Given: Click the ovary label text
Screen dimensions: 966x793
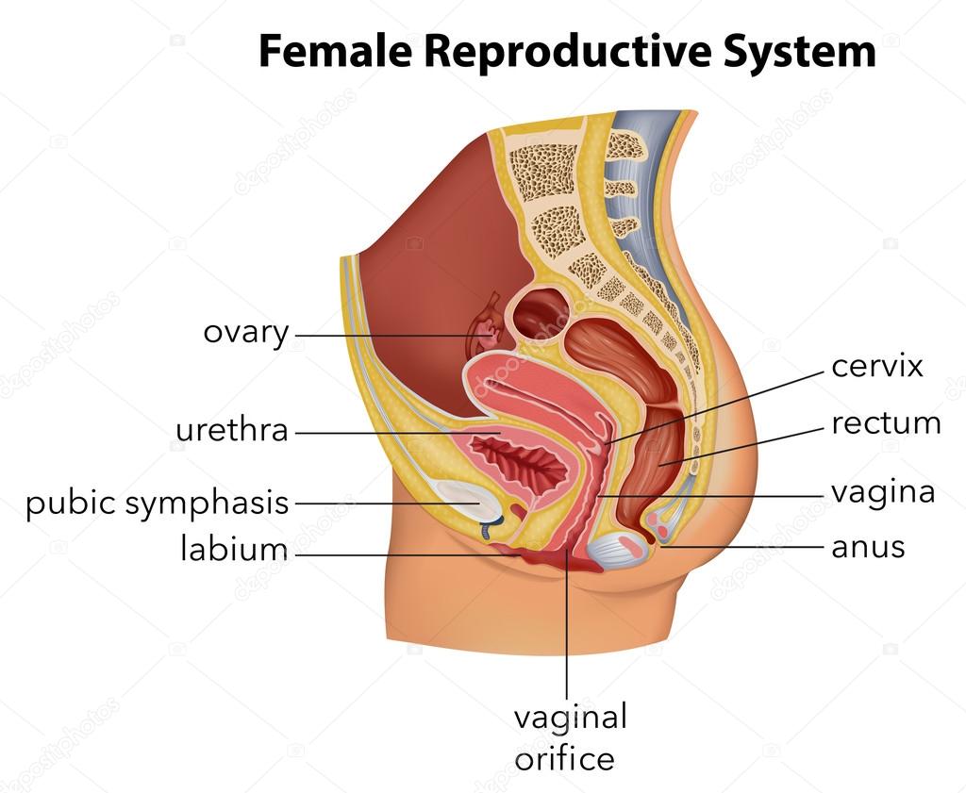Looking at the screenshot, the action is click(246, 334).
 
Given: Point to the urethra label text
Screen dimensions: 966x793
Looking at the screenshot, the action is click(232, 430).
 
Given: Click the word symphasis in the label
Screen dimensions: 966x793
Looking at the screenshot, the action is click(207, 503).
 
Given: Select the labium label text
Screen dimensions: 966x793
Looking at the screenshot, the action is click(234, 548).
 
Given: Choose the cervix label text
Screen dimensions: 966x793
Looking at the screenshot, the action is click(876, 367).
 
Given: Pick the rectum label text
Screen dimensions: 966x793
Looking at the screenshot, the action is click(886, 423).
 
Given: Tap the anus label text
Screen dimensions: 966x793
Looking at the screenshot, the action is click(868, 547).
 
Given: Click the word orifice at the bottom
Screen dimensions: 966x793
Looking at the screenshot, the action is click(564, 758).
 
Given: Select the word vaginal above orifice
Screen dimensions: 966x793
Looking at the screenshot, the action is click(571, 719).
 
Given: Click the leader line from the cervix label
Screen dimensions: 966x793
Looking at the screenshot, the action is click(715, 407).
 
